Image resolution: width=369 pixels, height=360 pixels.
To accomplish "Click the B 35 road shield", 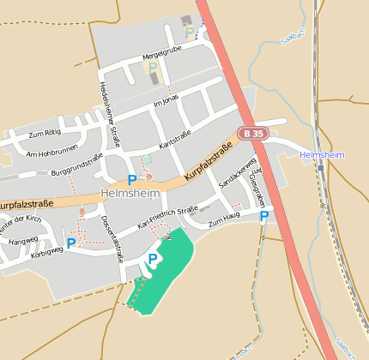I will click(x=250, y=134).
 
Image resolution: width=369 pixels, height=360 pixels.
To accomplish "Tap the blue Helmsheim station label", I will click(x=322, y=154).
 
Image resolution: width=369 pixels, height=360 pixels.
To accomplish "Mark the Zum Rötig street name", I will click(x=45, y=134).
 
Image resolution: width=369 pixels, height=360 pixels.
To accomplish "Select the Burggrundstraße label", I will click(x=77, y=165).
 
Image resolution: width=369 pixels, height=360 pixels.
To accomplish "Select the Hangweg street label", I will click(x=23, y=241).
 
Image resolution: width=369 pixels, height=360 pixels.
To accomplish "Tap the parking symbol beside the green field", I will click(x=153, y=258).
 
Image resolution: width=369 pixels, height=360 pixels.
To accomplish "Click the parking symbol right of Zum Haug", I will click(x=263, y=217).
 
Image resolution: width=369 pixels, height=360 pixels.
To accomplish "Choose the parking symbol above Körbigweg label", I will click(x=70, y=243).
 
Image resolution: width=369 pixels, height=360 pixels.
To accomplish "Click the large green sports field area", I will click(x=167, y=266).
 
